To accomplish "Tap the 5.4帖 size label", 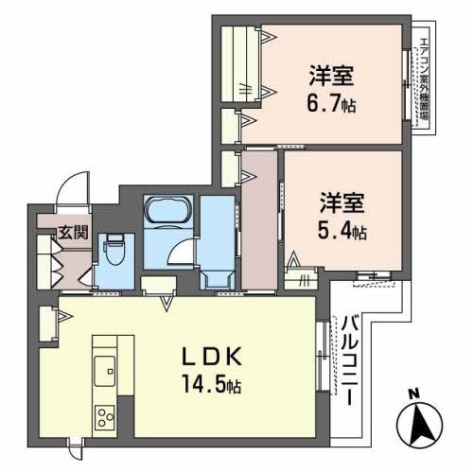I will (x=343, y=230).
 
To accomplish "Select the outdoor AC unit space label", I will (x=423, y=85).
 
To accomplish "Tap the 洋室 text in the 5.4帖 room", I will (x=342, y=203).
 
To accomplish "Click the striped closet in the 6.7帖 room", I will (x=244, y=61).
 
